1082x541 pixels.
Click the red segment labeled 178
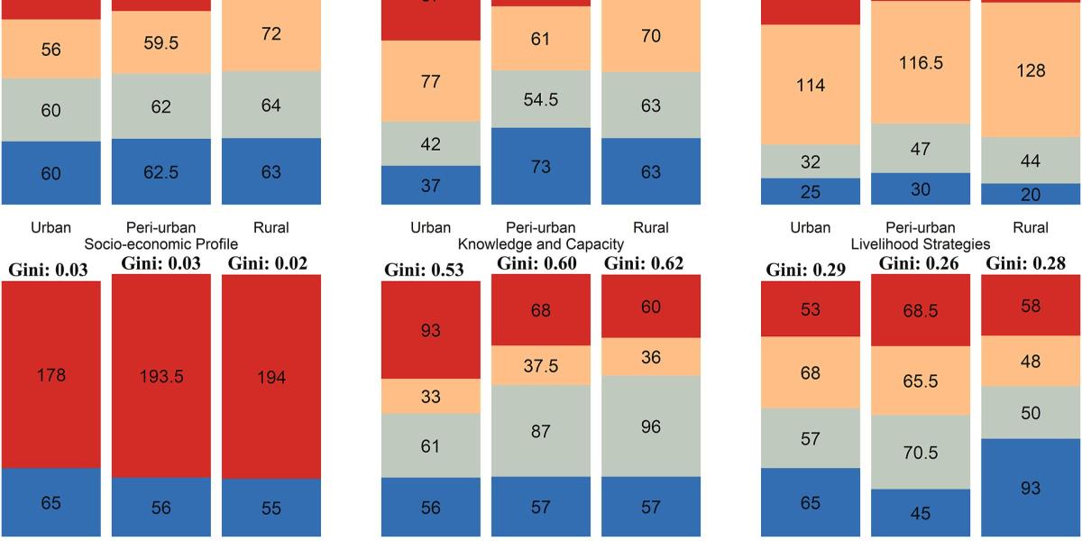[50, 374]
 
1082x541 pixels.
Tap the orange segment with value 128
[1031, 70]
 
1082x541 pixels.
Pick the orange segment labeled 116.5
[921, 63]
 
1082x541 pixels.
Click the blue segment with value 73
[541, 167]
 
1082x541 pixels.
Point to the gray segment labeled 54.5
[541, 99]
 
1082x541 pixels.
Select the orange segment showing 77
[431, 81]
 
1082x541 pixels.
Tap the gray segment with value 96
[651, 426]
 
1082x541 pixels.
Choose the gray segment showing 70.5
[921, 452]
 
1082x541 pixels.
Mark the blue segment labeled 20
[1031, 195]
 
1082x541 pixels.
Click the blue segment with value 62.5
[160, 172]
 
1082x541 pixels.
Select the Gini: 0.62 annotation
[644, 263]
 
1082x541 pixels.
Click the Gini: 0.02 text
[268, 263]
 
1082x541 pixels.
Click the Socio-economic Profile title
[160, 244]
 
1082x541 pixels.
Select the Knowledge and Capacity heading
[541, 244]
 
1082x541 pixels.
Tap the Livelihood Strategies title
[921, 244]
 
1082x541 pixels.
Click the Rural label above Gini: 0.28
[1031, 229]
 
